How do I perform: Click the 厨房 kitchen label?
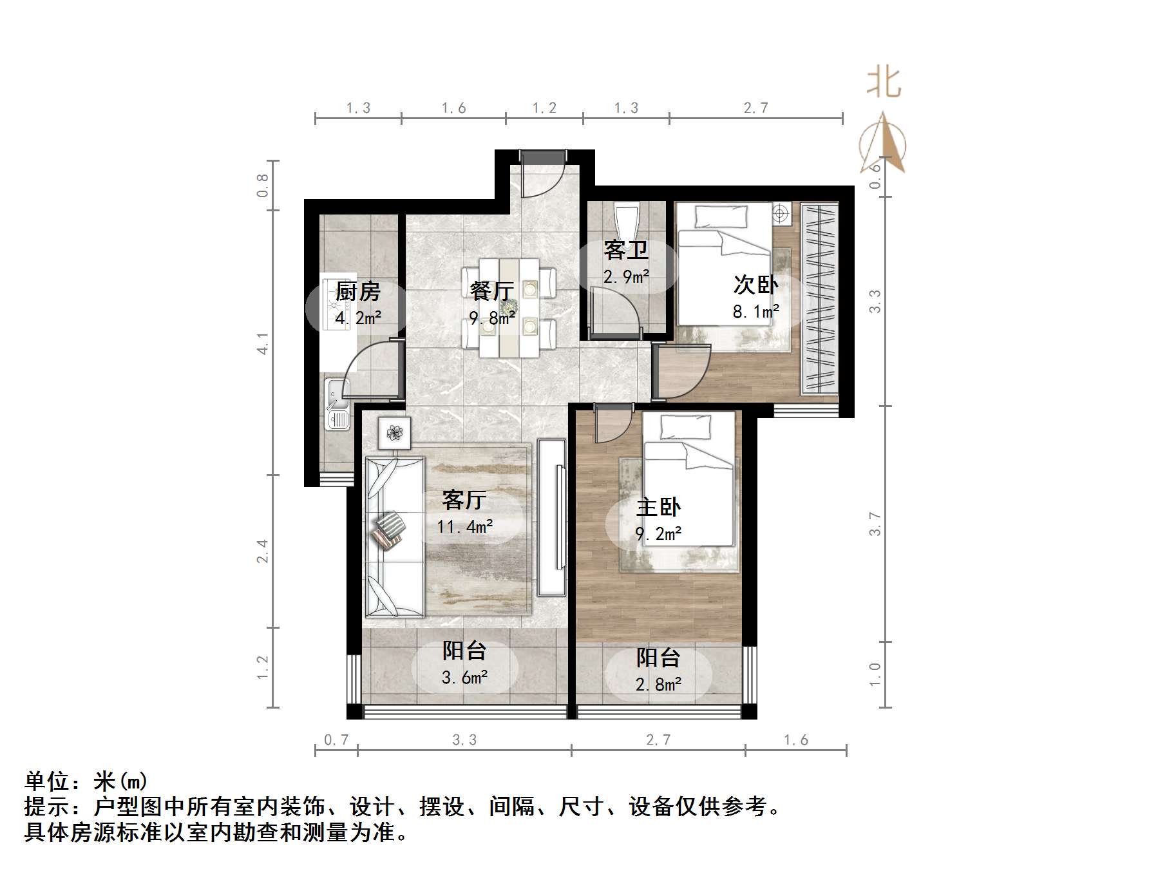[358, 292]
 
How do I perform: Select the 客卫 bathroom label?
[625, 250]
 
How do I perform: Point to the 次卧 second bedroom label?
[755, 284]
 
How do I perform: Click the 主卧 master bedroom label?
[658, 507]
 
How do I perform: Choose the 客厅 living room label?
[464, 499]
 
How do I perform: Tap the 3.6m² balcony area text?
[464, 678]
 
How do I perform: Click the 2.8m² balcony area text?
[658, 684]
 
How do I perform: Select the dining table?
[509, 307]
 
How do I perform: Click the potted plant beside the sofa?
[394, 432]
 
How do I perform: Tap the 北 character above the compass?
[884, 83]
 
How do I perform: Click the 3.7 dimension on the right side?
[875, 524]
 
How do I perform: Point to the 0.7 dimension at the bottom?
[336, 740]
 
